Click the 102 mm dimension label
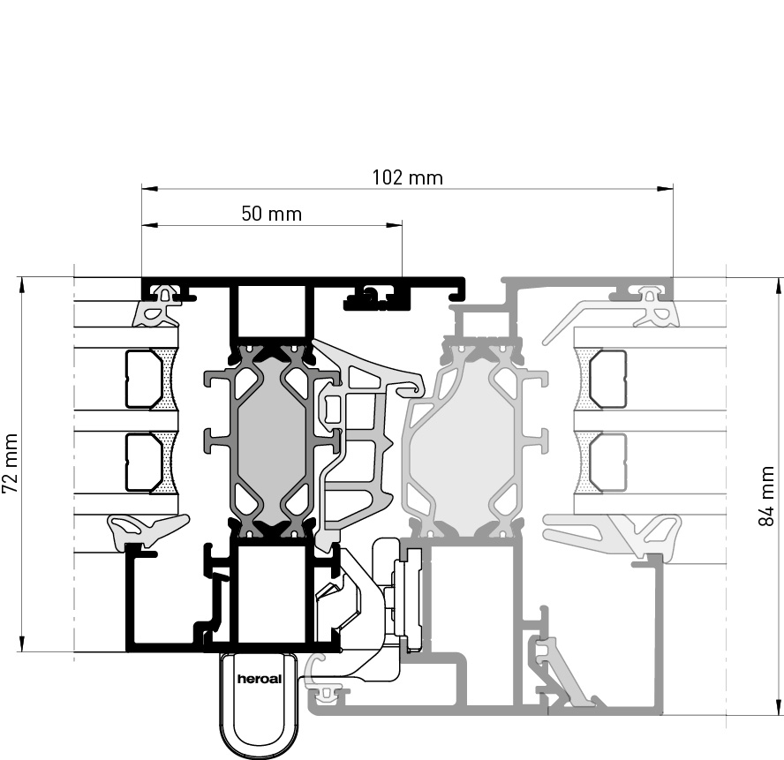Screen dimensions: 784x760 pyautogui.click(x=408, y=177)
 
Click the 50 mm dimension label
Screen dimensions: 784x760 pyautogui.click(x=272, y=214)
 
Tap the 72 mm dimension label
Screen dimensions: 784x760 pyautogui.click(x=11, y=463)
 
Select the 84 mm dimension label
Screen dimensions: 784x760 pyautogui.click(x=766, y=496)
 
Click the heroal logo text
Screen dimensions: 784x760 pyautogui.click(x=259, y=679)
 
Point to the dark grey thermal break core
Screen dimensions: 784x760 pyautogui.click(x=271, y=435)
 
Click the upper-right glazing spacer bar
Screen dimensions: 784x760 pyautogui.click(x=607, y=379)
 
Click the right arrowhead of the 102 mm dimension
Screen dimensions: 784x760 pyautogui.click(x=665, y=189)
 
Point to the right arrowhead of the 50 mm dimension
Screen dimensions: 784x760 pyautogui.click(x=394, y=225)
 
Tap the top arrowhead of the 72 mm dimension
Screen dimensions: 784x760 pyautogui.click(x=21, y=285)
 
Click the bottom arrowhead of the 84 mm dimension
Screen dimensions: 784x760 pyautogui.click(x=778, y=707)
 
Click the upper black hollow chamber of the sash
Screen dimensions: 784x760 pyautogui.click(x=272, y=311)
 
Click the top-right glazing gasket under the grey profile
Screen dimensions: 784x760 pyautogui.click(x=654, y=306)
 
